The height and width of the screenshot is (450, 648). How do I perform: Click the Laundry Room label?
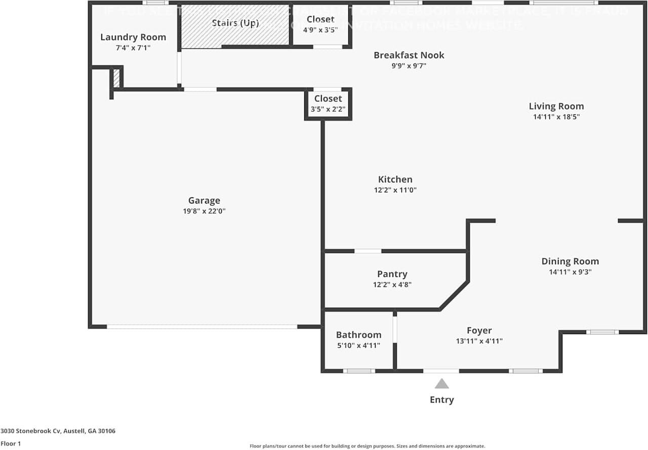click(133, 37)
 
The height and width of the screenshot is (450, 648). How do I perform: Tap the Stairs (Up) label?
click(235, 23)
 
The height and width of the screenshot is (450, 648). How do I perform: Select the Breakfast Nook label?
click(409, 55)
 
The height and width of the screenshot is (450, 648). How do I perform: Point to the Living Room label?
click(556, 106)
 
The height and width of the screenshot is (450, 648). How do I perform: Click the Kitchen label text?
click(395, 179)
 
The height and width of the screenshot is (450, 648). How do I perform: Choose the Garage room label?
click(204, 200)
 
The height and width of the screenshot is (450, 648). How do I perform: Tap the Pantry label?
click(392, 274)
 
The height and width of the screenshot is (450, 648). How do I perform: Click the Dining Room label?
click(570, 261)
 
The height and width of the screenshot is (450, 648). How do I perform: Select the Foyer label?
click(479, 331)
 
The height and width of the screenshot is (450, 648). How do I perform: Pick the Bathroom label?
click(358, 335)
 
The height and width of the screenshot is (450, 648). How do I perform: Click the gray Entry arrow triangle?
click(441, 384)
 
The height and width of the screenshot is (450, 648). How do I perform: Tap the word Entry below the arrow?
click(441, 400)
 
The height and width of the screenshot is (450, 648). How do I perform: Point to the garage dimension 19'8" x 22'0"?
click(204, 212)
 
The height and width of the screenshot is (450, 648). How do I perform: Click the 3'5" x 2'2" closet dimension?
click(328, 109)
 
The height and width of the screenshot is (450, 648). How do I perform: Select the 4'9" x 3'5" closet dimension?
click(320, 30)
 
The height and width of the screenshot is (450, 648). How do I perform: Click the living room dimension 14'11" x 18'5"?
click(556, 117)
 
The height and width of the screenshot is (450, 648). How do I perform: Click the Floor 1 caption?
click(11, 443)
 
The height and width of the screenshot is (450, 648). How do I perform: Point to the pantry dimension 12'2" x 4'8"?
click(392, 285)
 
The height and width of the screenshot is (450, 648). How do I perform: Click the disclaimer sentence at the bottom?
click(367, 446)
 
